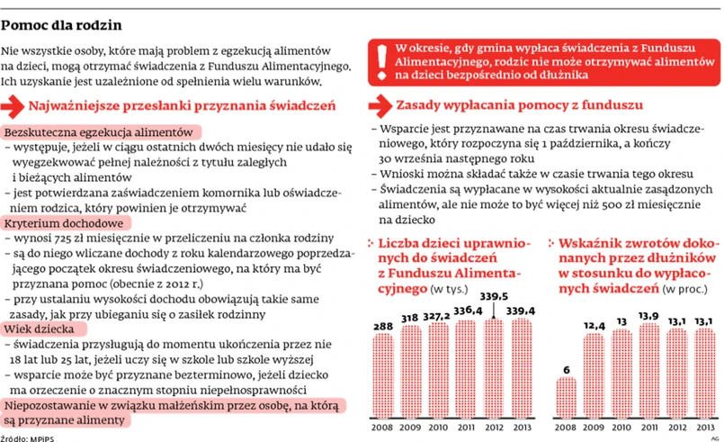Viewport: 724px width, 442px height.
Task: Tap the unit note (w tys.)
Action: [x=452, y=289]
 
